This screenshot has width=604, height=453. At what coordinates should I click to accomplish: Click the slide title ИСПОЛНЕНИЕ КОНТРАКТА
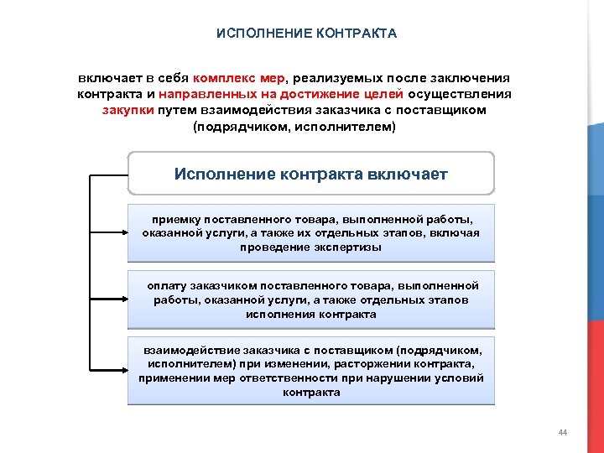(x=306, y=34)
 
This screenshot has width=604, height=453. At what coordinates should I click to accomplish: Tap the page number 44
(x=562, y=432)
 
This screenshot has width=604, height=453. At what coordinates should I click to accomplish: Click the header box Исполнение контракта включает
(x=310, y=174)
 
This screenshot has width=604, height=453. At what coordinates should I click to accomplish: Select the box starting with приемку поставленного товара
(x=310, y=232)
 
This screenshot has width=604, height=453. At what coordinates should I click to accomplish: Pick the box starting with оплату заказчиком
(x=310, y=299)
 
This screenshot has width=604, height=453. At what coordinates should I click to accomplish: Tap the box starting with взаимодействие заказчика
(x=310, y=371)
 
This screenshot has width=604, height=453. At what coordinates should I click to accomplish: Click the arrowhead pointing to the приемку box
(x=122, y=233)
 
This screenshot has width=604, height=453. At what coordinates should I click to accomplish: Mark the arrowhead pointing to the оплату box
(x=122, y=299)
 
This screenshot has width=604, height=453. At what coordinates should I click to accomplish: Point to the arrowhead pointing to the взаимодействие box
(x=122, y=370)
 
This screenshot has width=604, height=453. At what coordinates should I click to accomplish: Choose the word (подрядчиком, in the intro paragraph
(x=232, y=127)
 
